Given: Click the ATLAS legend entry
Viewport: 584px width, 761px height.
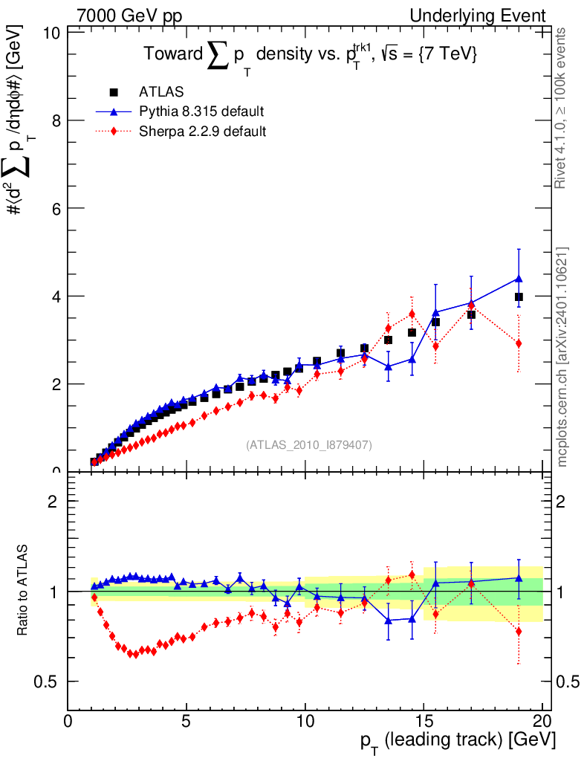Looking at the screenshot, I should pyautogui.click(x=161, y=92).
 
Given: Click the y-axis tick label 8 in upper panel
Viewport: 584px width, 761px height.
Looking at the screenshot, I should pyautogui.click(x=51, y=120).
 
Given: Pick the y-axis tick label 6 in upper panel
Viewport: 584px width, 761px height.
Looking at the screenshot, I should pyautogui.click(x=51, y=208).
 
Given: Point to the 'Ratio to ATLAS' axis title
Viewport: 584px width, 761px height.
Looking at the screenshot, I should pyautogui.click(x=24, y=592).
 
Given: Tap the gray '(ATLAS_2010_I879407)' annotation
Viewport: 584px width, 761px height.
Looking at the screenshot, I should pyautogui.click(x=309, y=444).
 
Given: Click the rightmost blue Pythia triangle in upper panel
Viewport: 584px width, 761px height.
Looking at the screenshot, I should pyautogui.click(x=519, y=279).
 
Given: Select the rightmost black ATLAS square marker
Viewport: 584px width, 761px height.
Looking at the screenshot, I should pyautogui.click(x=519, y=297).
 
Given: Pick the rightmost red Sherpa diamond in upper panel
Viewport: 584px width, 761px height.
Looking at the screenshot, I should pyautogui.click(x=519, y=343).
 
